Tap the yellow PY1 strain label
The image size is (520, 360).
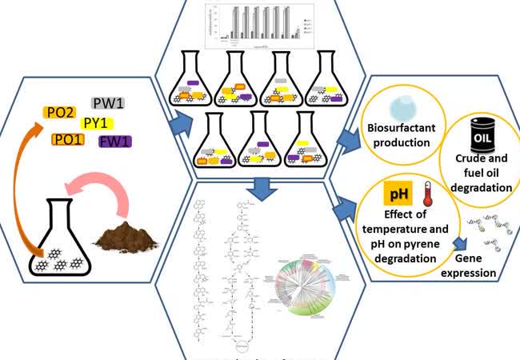click(x=97, y=123)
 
